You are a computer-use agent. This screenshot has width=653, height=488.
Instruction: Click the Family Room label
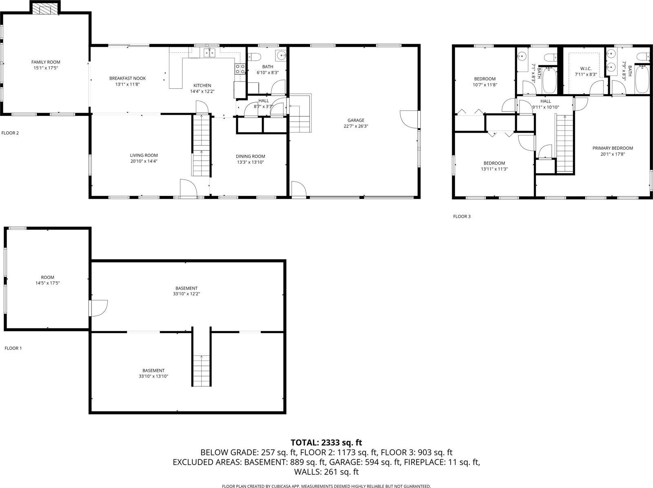point(46,62)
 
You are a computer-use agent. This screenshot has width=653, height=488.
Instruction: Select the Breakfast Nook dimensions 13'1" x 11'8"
point(127,85)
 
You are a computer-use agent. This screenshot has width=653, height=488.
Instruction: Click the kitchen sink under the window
point(210,52)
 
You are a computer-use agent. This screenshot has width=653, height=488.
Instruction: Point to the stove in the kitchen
point(240,69)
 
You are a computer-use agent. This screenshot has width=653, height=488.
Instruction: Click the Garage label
point(355,120)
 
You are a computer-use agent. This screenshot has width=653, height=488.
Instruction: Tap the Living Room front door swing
point(189,188)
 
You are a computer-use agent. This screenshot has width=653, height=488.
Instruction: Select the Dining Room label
point(250,156)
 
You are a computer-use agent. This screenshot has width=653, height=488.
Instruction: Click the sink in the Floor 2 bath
point(281,55)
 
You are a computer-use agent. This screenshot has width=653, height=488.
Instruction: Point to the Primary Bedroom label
point(612,148)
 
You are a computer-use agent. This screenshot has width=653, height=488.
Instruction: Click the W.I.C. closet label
point(586,69)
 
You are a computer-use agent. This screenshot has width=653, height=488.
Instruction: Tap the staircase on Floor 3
point(565,143)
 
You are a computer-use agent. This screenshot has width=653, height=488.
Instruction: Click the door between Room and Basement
point(98,308)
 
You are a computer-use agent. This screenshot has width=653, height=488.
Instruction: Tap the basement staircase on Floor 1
point(202,370)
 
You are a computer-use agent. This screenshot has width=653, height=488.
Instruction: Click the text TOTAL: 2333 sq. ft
point(326,442)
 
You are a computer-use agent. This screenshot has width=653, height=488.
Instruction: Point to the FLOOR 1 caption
point(13,348)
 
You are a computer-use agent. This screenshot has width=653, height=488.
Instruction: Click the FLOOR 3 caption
point(462,216)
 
